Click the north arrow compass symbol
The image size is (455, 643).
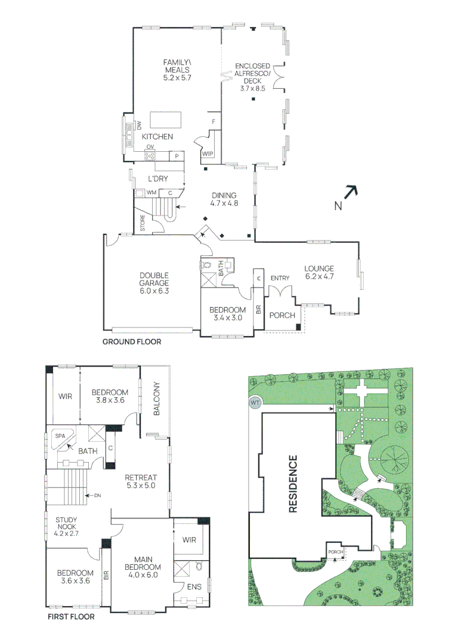point(351,192)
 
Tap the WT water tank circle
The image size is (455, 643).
point(255,404)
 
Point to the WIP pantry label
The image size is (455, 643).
point(208,154)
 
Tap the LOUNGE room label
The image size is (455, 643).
point(319,272)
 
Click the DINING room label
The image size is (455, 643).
point(224,199)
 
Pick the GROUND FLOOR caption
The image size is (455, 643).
point(132,342)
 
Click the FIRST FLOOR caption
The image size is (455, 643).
point(71,617)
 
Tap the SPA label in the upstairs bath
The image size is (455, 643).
point(60,436)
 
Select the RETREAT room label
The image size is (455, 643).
point(141,481)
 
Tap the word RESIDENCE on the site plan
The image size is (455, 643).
point(293,483)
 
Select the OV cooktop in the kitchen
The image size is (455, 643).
point(150,156)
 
